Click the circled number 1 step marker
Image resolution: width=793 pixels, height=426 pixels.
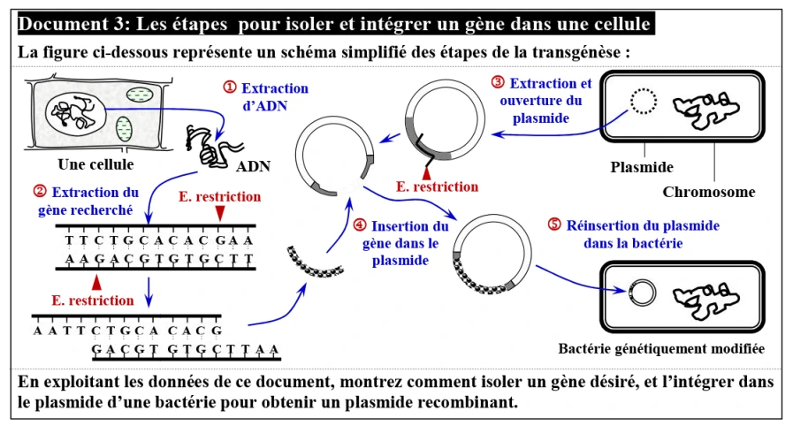point(230,87)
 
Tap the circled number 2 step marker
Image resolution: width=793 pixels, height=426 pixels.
point(40,192)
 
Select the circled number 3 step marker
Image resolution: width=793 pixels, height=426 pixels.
point(498,83)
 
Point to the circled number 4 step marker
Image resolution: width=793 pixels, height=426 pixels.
point(359,226)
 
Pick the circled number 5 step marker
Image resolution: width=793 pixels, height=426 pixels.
point(554,224)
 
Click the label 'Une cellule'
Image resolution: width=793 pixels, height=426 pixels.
point(95,164)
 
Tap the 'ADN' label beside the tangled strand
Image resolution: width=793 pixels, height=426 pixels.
point(255,166)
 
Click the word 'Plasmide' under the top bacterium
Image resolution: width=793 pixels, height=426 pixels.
point(643,166)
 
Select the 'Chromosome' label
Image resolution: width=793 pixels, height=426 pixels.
point(708,192)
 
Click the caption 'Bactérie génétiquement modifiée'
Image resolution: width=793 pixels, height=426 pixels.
point(660,349)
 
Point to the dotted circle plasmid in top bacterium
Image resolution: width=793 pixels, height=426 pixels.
point(643,103)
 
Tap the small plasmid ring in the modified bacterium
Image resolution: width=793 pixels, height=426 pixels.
point(642,292)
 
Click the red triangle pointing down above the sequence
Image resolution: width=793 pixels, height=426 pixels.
point(219,214)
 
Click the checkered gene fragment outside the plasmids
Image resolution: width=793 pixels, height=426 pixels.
point(314,262)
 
